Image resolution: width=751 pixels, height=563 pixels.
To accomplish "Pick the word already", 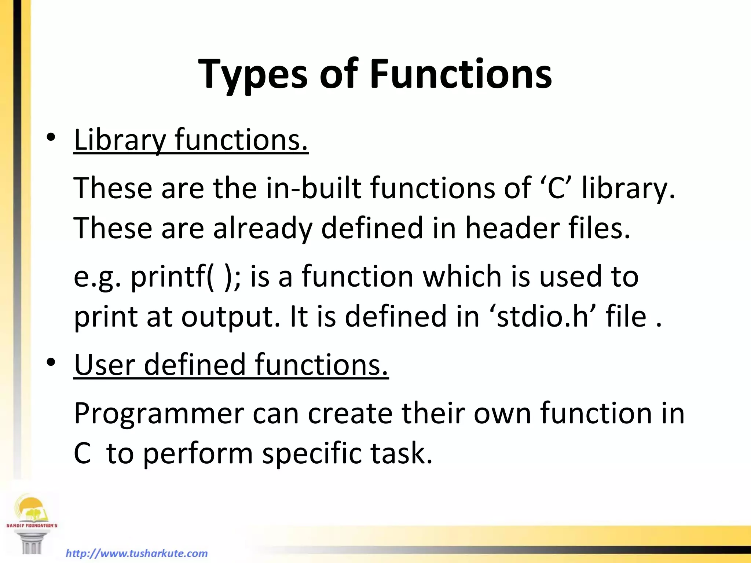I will coord(263,228).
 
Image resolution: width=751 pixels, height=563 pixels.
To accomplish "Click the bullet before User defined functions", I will coord(51,362).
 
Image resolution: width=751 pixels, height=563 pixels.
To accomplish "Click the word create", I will coord(350,413).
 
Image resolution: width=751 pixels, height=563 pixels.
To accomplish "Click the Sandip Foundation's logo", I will coord(32,522).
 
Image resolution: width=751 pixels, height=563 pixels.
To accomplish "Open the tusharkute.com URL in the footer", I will coord(136,553).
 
